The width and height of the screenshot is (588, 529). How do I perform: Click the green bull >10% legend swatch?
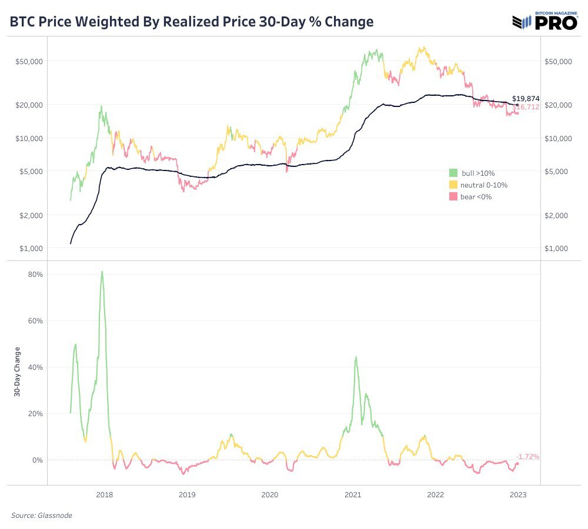click(x=453, y=173)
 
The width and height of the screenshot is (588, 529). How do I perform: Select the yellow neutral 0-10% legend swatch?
click(x=453, y=185)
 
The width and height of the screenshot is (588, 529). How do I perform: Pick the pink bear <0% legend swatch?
click(x=453, y=196)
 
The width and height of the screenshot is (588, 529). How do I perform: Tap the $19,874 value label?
click(x=526, y=98)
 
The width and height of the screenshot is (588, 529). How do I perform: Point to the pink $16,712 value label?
click(x=527, y=108)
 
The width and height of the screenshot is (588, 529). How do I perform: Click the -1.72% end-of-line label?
click(x=527, y=456)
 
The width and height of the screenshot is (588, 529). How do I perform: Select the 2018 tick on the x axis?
click(x=104, y=495)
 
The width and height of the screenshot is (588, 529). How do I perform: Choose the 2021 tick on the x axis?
click(x=353, y=495)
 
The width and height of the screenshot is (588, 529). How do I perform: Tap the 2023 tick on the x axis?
click(x=519, y=495)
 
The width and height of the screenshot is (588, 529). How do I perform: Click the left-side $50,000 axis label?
click(x=26, y=61)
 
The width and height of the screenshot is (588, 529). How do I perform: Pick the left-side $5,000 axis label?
click(x=28, y=171)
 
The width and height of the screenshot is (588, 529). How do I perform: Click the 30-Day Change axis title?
click(x=17, y=372)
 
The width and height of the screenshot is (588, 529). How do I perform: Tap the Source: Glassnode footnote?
click(x=41, y=515)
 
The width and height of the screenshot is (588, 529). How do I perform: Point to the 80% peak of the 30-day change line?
click(x=102, y=272)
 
